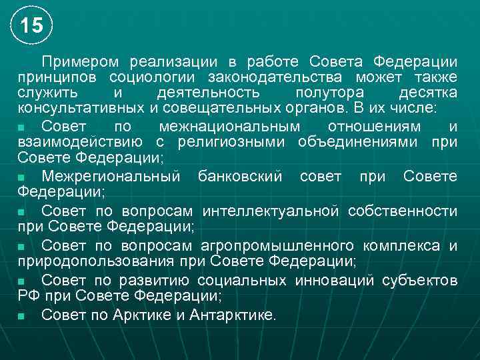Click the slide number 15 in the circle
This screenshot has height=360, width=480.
(x=31, y=26)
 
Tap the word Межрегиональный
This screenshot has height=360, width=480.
(x=111, y=177)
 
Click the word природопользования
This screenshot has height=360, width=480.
(x=91, y=261)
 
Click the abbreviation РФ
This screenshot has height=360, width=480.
(x=30, y=295)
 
